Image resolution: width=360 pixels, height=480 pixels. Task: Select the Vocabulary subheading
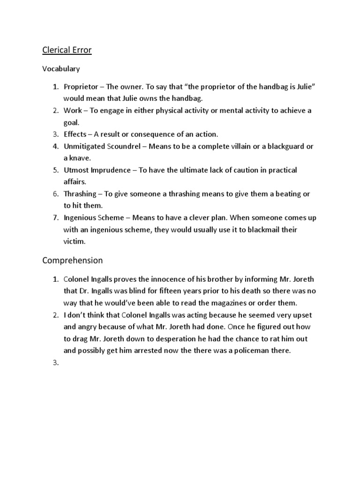[x=61, y=69]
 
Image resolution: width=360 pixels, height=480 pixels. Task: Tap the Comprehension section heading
[x=72, y=260]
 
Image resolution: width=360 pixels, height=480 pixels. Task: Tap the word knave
[x=80, y=158]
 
